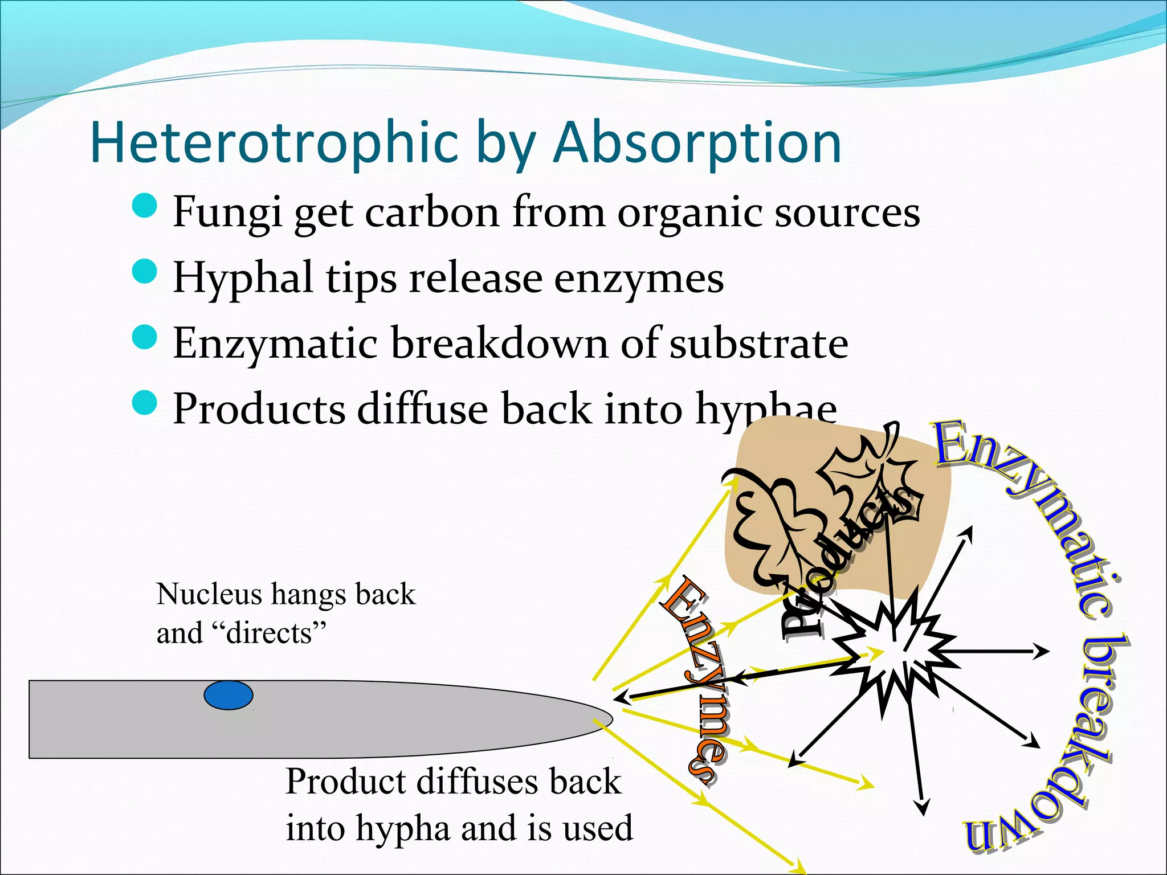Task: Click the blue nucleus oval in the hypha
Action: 228,695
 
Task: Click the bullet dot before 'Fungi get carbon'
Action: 144,205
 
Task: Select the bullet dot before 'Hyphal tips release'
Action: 144,271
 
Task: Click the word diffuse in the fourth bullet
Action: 422,409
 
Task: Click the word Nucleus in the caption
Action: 209,594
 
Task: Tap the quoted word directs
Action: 270,633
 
